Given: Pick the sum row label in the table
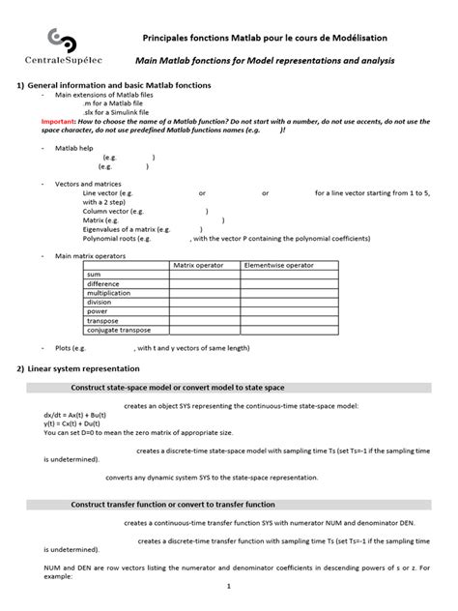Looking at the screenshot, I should (94, 274).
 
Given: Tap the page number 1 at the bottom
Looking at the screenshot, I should (229, 586).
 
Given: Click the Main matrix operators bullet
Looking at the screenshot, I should (93, 254).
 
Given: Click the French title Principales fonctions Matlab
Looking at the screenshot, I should (265, 37).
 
